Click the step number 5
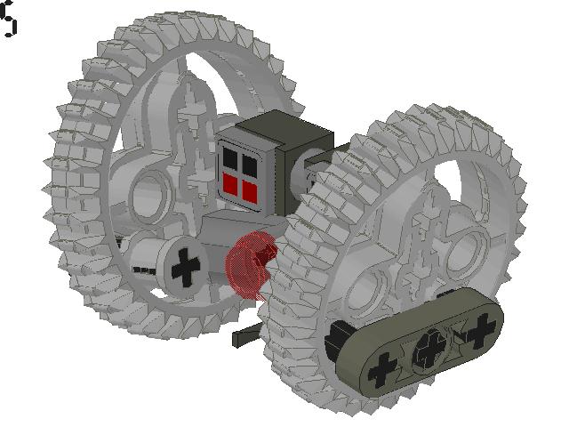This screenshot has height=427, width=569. pyautogui.click(x=9, y=20)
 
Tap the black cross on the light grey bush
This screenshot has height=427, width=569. pyautogui.click(x=186, y=267)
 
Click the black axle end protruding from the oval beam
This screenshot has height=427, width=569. pyautogui.click(x=335, y=339)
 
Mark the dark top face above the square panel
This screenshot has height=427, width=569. pyautogui.click(x=276, y=129)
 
